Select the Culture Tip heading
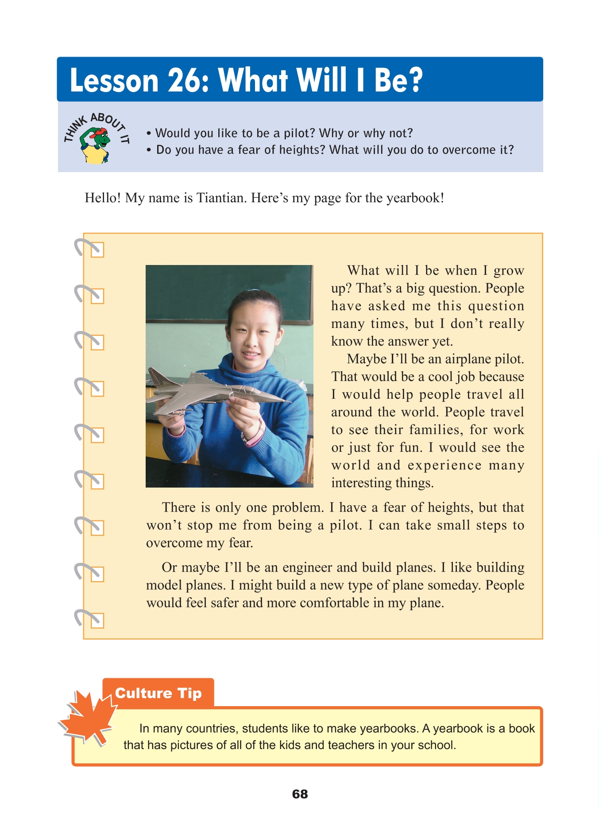click(x=158, y=693)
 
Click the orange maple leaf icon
click(x=88, y=716)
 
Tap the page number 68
click(x=300, y=794)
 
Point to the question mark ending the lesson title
click(x=414, y=81)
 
